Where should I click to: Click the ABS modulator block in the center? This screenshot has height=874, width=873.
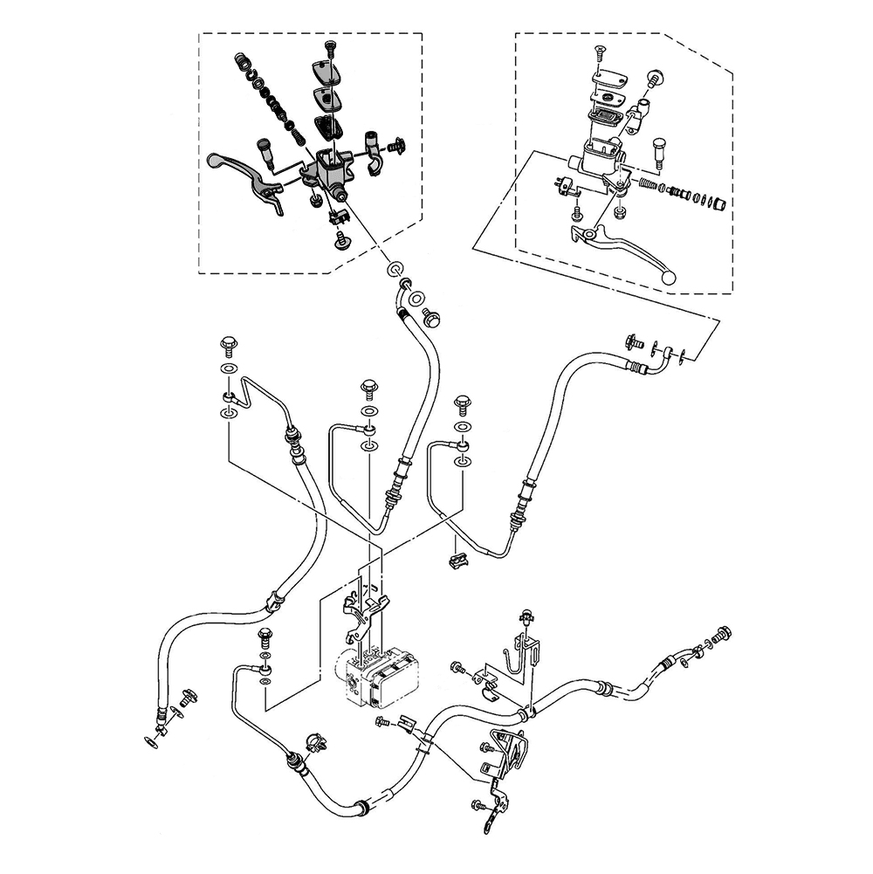(x=382, y=677)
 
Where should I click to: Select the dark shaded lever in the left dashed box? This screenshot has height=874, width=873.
(x=245, y=175)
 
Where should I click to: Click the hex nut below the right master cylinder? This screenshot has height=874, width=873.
(x=619, y=213)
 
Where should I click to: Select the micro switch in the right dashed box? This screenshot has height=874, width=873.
(x=564, y=185)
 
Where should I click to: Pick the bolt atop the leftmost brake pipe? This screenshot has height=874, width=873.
(x=229, y=343)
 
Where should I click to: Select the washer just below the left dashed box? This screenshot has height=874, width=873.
(x=395, y=266)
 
